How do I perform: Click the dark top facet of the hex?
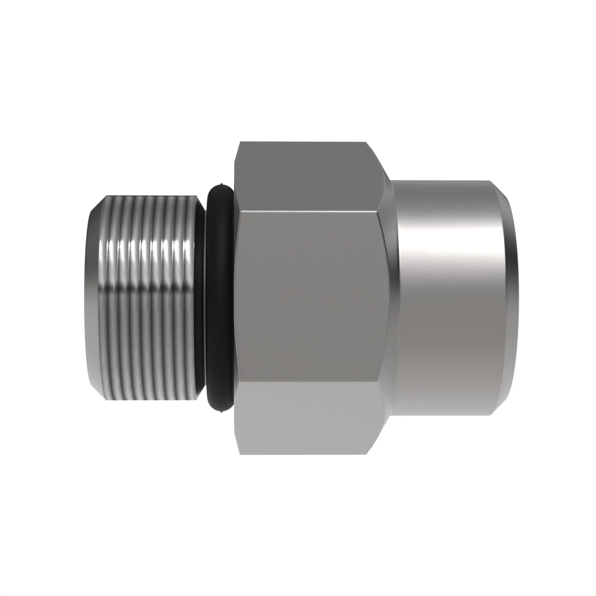pos(308,176)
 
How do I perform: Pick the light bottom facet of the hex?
pos(308,420)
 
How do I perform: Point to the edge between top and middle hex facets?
pos(308,212)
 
